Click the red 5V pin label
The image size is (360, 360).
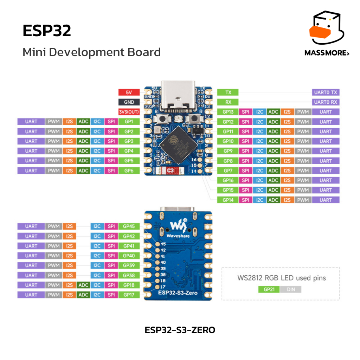tap(129, 92)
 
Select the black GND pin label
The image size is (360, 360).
tap(129, 102)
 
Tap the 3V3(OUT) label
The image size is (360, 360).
tap(129, 112)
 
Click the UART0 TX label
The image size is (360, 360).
tap(326, 92)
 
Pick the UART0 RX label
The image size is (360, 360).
tap(326, 102)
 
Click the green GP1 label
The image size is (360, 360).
tap(129, 122)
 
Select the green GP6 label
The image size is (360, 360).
tap(129, 171)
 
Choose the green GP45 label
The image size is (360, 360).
tap(129, 226)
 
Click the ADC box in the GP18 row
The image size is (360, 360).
tap(83, 285)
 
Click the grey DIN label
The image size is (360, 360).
tap(291, 290)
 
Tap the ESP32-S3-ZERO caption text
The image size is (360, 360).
tap(180, 330)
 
